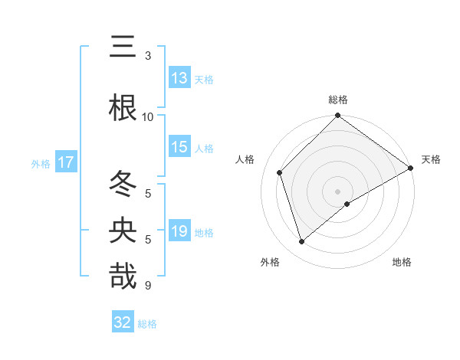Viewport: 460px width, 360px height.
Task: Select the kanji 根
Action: click(x=123, y=108)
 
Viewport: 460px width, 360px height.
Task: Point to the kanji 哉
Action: click(x=123, y=276)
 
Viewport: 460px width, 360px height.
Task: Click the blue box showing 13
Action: click(x=179, y=79)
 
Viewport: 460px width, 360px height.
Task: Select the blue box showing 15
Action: click(x=179, y=148)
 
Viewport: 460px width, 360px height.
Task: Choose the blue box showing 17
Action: click(x=65, y=162)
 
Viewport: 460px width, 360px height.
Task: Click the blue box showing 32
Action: click(x=123, y=322)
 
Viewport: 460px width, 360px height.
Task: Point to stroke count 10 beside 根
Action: click(x=148, y=116)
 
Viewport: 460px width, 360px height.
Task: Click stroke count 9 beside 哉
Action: click(x=147, y=286)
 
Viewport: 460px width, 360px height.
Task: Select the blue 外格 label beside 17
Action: click(x=41, y=163)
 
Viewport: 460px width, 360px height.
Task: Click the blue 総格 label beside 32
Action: click(x=147, y=323)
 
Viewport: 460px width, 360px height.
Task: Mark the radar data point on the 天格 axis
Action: click(x=411, y=169)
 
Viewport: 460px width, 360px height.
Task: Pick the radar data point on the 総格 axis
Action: click(x=337, y=116)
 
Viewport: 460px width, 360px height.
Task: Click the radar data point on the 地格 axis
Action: click(x=347, y=204)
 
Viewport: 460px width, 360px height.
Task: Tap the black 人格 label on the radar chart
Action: click(x=245, y=159)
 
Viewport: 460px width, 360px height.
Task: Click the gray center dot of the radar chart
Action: click(x=337, y=191)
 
